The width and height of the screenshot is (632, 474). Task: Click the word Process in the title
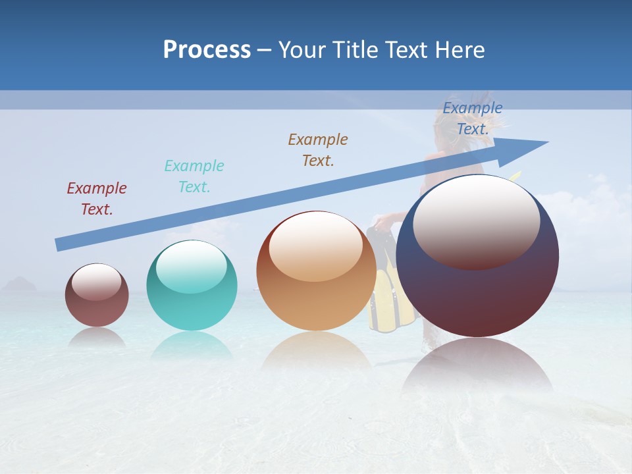click(x=207, y=50)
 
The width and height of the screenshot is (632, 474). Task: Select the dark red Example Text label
click(x=97, y=199)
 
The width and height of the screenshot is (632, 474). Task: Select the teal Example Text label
click(x=194, y=176)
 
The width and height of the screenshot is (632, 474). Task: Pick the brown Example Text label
click(x=318, y=150)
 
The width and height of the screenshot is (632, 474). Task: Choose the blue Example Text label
click(x=473, y=118)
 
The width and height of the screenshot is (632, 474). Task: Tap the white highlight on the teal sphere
click(x=192, y=267)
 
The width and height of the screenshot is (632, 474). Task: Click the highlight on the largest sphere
click(x=476, y=221)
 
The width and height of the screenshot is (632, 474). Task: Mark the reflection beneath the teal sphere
click(x=192, y=346)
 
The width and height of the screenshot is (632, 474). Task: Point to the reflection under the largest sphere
click(x=477, y=365)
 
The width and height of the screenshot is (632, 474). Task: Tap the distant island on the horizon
click(x=20, y=284)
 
